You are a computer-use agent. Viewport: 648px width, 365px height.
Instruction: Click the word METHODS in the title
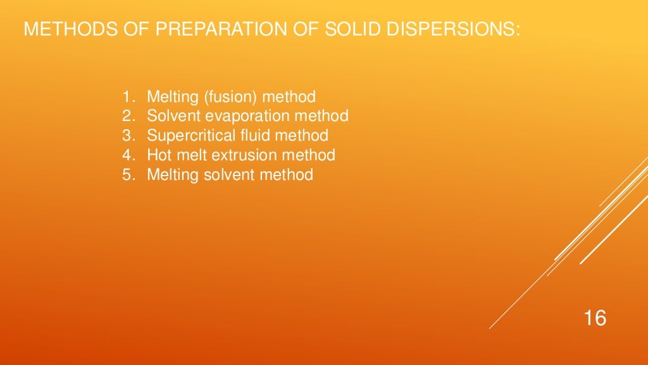tap(59, 30)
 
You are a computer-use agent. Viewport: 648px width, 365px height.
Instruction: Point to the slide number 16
tap(595, 317)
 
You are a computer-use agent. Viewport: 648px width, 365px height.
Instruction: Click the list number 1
tap(127, 98)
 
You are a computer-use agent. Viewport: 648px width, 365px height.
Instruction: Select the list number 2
tap(127, 117)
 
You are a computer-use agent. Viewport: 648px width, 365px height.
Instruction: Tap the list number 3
tap(127, 136)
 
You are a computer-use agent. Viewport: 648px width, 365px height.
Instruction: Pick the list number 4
tap(127, 155)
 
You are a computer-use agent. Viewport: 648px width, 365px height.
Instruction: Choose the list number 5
tap(127, 174)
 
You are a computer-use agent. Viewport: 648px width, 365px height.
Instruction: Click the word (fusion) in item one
tap(230, 98)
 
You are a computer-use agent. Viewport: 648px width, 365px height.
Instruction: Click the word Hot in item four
tap(159, 155)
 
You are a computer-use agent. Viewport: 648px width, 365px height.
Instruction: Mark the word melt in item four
tap(190, 155)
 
